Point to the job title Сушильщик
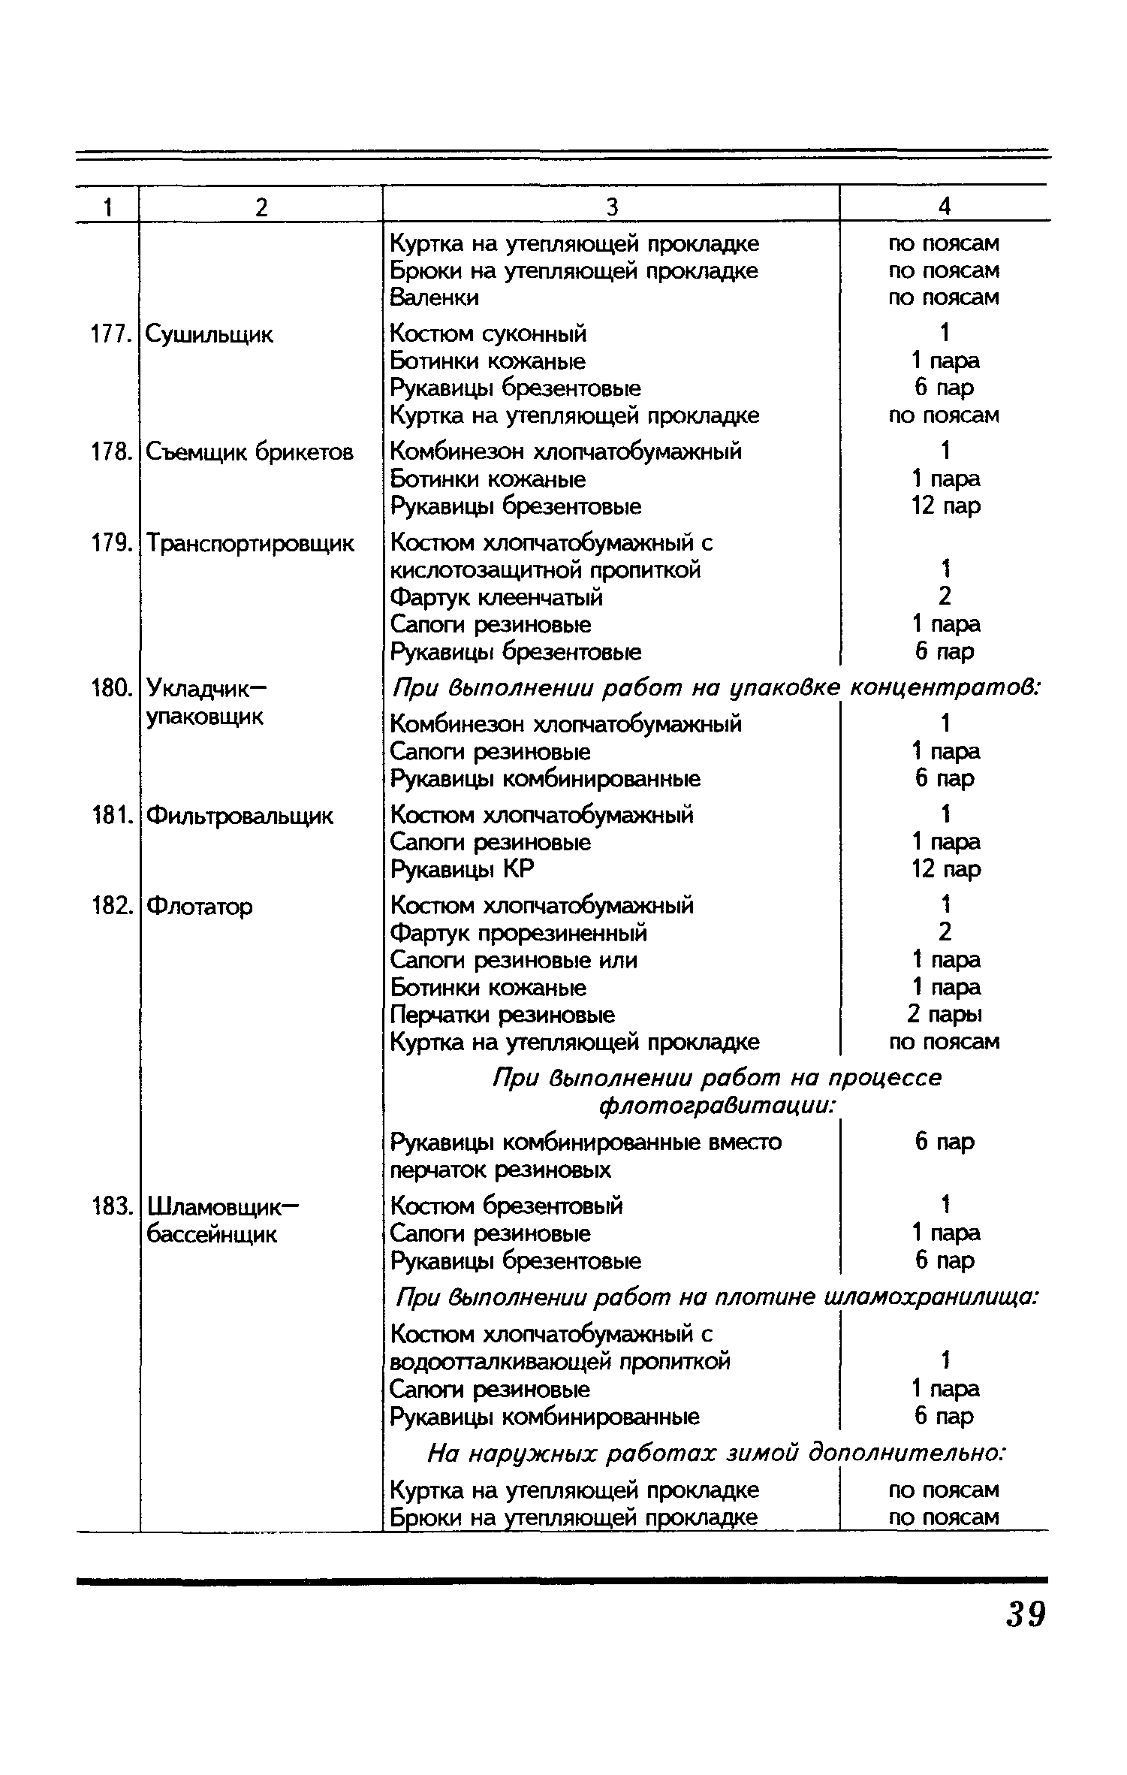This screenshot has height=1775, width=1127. click(x=209, y=335)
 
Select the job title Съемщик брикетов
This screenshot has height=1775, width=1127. click(x=249, y=452)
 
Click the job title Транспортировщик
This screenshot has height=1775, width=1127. click(x=250, y=543)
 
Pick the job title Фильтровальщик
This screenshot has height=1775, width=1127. click(x=240, y=816)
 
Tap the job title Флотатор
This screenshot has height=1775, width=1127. click(x=200, y=907)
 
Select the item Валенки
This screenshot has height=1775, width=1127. click(x=434, y=298)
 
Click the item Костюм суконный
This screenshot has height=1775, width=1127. click(x=489, y=334)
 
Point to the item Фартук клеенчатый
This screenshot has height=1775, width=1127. click(x=497, y=597)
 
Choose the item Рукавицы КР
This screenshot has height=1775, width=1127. click(x=463, y=870)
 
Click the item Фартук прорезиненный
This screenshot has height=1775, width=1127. click(x=519, y=933)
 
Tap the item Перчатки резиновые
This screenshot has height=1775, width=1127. click(x=502, y=1015)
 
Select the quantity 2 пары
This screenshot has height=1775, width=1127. click(x=945, y=1015)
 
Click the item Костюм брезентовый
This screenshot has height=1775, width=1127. click(x=507, y=1206)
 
